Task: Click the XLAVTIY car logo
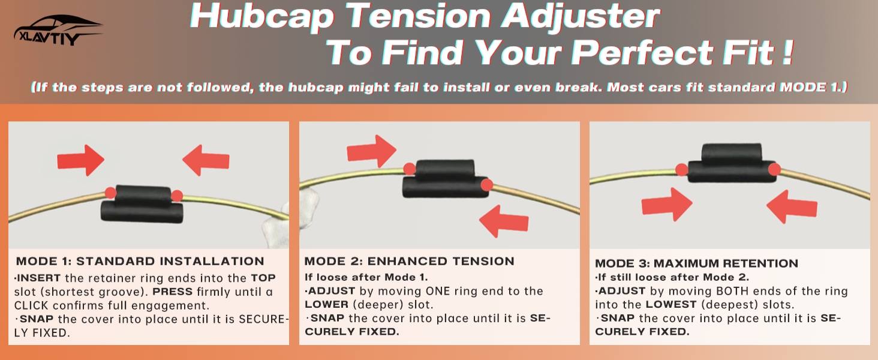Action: pyautogui.click(x=58, y=30)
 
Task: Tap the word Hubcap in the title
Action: pyautogui.click(x=261, y=16)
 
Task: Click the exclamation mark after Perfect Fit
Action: pyautogui.click(x=787, y=52)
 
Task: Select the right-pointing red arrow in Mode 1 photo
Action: pyautogui.click(x=81, y=160)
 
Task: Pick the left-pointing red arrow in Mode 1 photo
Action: pyautogui.click(x=206, y=160)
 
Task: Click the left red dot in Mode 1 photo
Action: pyautogui.click(x=110, y=193)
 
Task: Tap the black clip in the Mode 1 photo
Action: pyautogui.click(x=142, y=204)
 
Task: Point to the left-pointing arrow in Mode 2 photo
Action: pyautogui.click(x=504, y=221)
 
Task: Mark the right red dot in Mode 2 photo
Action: pyautogui.click(x=487, y=185)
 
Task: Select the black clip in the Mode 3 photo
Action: pyautogui.click(x=732, y=163)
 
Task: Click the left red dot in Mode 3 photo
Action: pyautogui.click(x=682, y=170)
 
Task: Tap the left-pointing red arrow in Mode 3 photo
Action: pyautogui.click(x=792, y=206)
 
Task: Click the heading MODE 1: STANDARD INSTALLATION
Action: pyautogui.click(x=140, y=261)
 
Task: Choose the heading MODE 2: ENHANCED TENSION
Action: pyautogui.click(x=409, y=261)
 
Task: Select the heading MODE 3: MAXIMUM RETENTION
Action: pyautogui.click(x=696, y=263)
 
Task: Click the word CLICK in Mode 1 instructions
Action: pyautogui.click(x=31, y=305)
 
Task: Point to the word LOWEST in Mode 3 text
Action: pyautogui.click(x=671, y=304)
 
